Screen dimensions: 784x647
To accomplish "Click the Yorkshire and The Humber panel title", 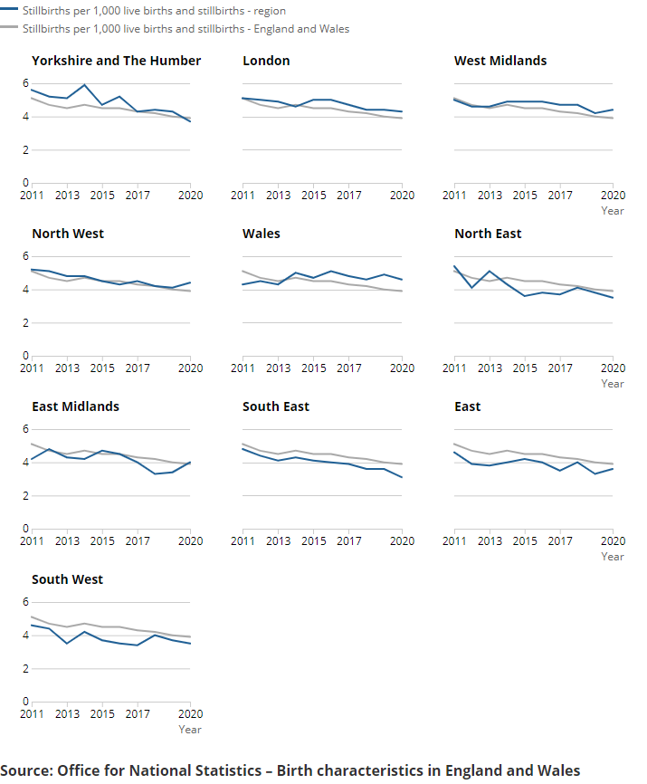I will coord(116,61).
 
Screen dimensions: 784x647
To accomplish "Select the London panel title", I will coord(266,61).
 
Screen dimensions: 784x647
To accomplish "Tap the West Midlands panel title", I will coord(500,61).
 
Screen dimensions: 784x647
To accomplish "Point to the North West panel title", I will coord(68,234).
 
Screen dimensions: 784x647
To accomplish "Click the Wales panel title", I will coord(262,234).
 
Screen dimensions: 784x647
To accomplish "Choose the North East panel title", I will coord(488,234).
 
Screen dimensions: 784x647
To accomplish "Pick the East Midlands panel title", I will coord(75,406).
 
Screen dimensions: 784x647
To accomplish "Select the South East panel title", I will coord(276,406).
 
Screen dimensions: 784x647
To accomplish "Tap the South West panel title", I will coord(68,579).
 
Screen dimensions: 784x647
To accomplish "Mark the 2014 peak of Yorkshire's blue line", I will coord(84,85).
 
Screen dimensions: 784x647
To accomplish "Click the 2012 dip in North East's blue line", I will coord(471,288).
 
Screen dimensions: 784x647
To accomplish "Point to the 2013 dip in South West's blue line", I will coord(67,644).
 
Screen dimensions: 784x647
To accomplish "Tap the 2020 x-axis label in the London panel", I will coord(402,196).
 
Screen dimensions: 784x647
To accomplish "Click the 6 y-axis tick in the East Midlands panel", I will coord(25,429).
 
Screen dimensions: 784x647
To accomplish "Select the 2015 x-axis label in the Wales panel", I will coord(313,368).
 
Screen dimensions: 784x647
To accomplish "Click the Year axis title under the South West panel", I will coord(190,729).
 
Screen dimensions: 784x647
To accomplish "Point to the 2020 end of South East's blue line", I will coord(402,477).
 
